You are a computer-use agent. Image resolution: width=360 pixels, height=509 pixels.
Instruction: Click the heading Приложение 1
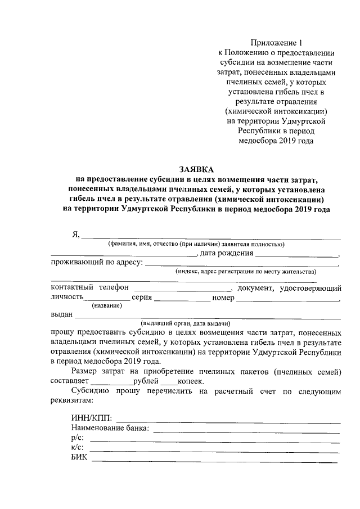pos(279,43)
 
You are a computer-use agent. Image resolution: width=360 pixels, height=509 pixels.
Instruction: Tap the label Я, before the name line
pos(76,235)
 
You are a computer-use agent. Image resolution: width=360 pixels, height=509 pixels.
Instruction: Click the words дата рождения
pos(227,253)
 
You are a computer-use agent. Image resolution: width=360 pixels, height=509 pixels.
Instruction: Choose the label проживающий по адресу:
pos(97,262)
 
